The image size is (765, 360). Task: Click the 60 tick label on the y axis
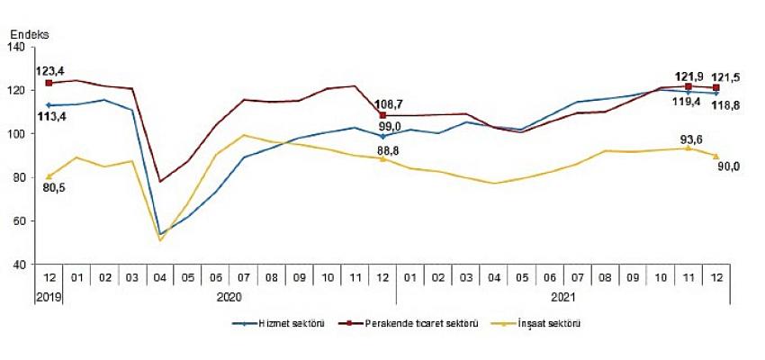tap(25, 221)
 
